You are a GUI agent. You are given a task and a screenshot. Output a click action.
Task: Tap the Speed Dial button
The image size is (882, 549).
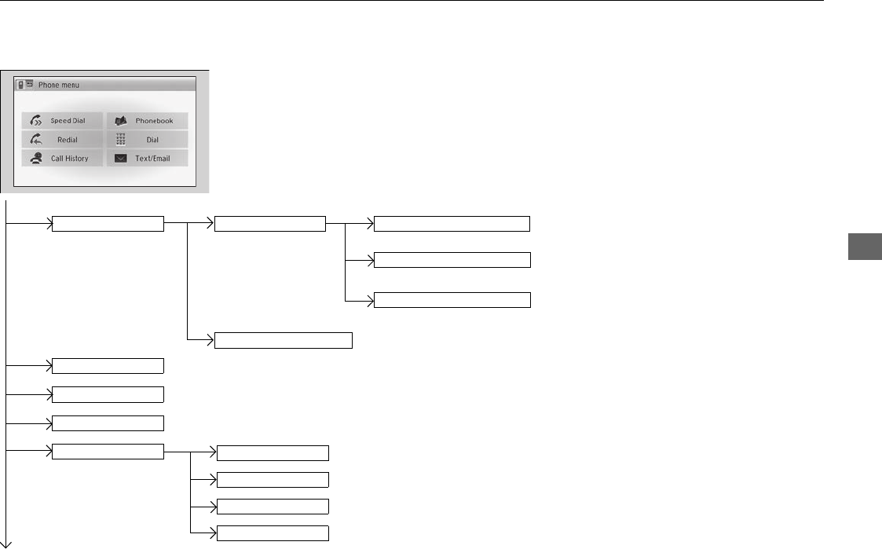[62, 121]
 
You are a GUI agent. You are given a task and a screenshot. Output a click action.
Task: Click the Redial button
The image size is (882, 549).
[62, 140]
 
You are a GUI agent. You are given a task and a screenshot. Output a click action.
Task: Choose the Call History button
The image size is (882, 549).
[62, 159]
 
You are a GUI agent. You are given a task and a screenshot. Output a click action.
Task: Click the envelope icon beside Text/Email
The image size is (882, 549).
[120, 159]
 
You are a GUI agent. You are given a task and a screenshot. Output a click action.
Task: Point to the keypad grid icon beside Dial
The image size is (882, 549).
[120, 140]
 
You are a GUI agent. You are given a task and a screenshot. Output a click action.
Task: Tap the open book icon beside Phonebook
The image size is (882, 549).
[120, 121]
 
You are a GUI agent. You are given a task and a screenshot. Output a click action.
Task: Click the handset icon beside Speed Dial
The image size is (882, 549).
[35, 121]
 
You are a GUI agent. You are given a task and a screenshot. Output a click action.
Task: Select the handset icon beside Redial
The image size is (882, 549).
[35, 140]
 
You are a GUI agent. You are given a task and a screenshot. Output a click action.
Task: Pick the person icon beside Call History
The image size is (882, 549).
[35, 159]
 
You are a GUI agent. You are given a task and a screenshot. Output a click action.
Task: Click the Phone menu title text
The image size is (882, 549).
[59, 85]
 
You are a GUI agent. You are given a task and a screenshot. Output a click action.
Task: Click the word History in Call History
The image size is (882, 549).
[76, 159]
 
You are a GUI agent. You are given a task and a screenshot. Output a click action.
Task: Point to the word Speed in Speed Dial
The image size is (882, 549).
[61, 121]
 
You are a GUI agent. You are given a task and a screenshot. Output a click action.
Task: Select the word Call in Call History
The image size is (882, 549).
[57, 159]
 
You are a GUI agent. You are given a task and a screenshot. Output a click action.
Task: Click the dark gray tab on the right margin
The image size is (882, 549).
[865, 246]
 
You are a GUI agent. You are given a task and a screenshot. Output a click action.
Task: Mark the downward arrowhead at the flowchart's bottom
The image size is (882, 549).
[6, 542]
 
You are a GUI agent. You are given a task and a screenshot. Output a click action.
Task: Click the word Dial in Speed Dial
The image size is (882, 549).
[79, 121]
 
